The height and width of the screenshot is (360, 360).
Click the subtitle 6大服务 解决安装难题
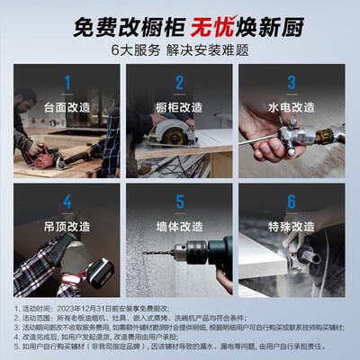[180, 49]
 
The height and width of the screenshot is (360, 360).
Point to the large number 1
[67, 84]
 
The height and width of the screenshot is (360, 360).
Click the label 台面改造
[67, 105]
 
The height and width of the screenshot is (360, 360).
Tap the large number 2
[180, 84]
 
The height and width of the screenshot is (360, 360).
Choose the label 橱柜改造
[180, 105]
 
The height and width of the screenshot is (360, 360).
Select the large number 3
[291, 84]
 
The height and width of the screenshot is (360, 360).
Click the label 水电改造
[291, 105]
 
